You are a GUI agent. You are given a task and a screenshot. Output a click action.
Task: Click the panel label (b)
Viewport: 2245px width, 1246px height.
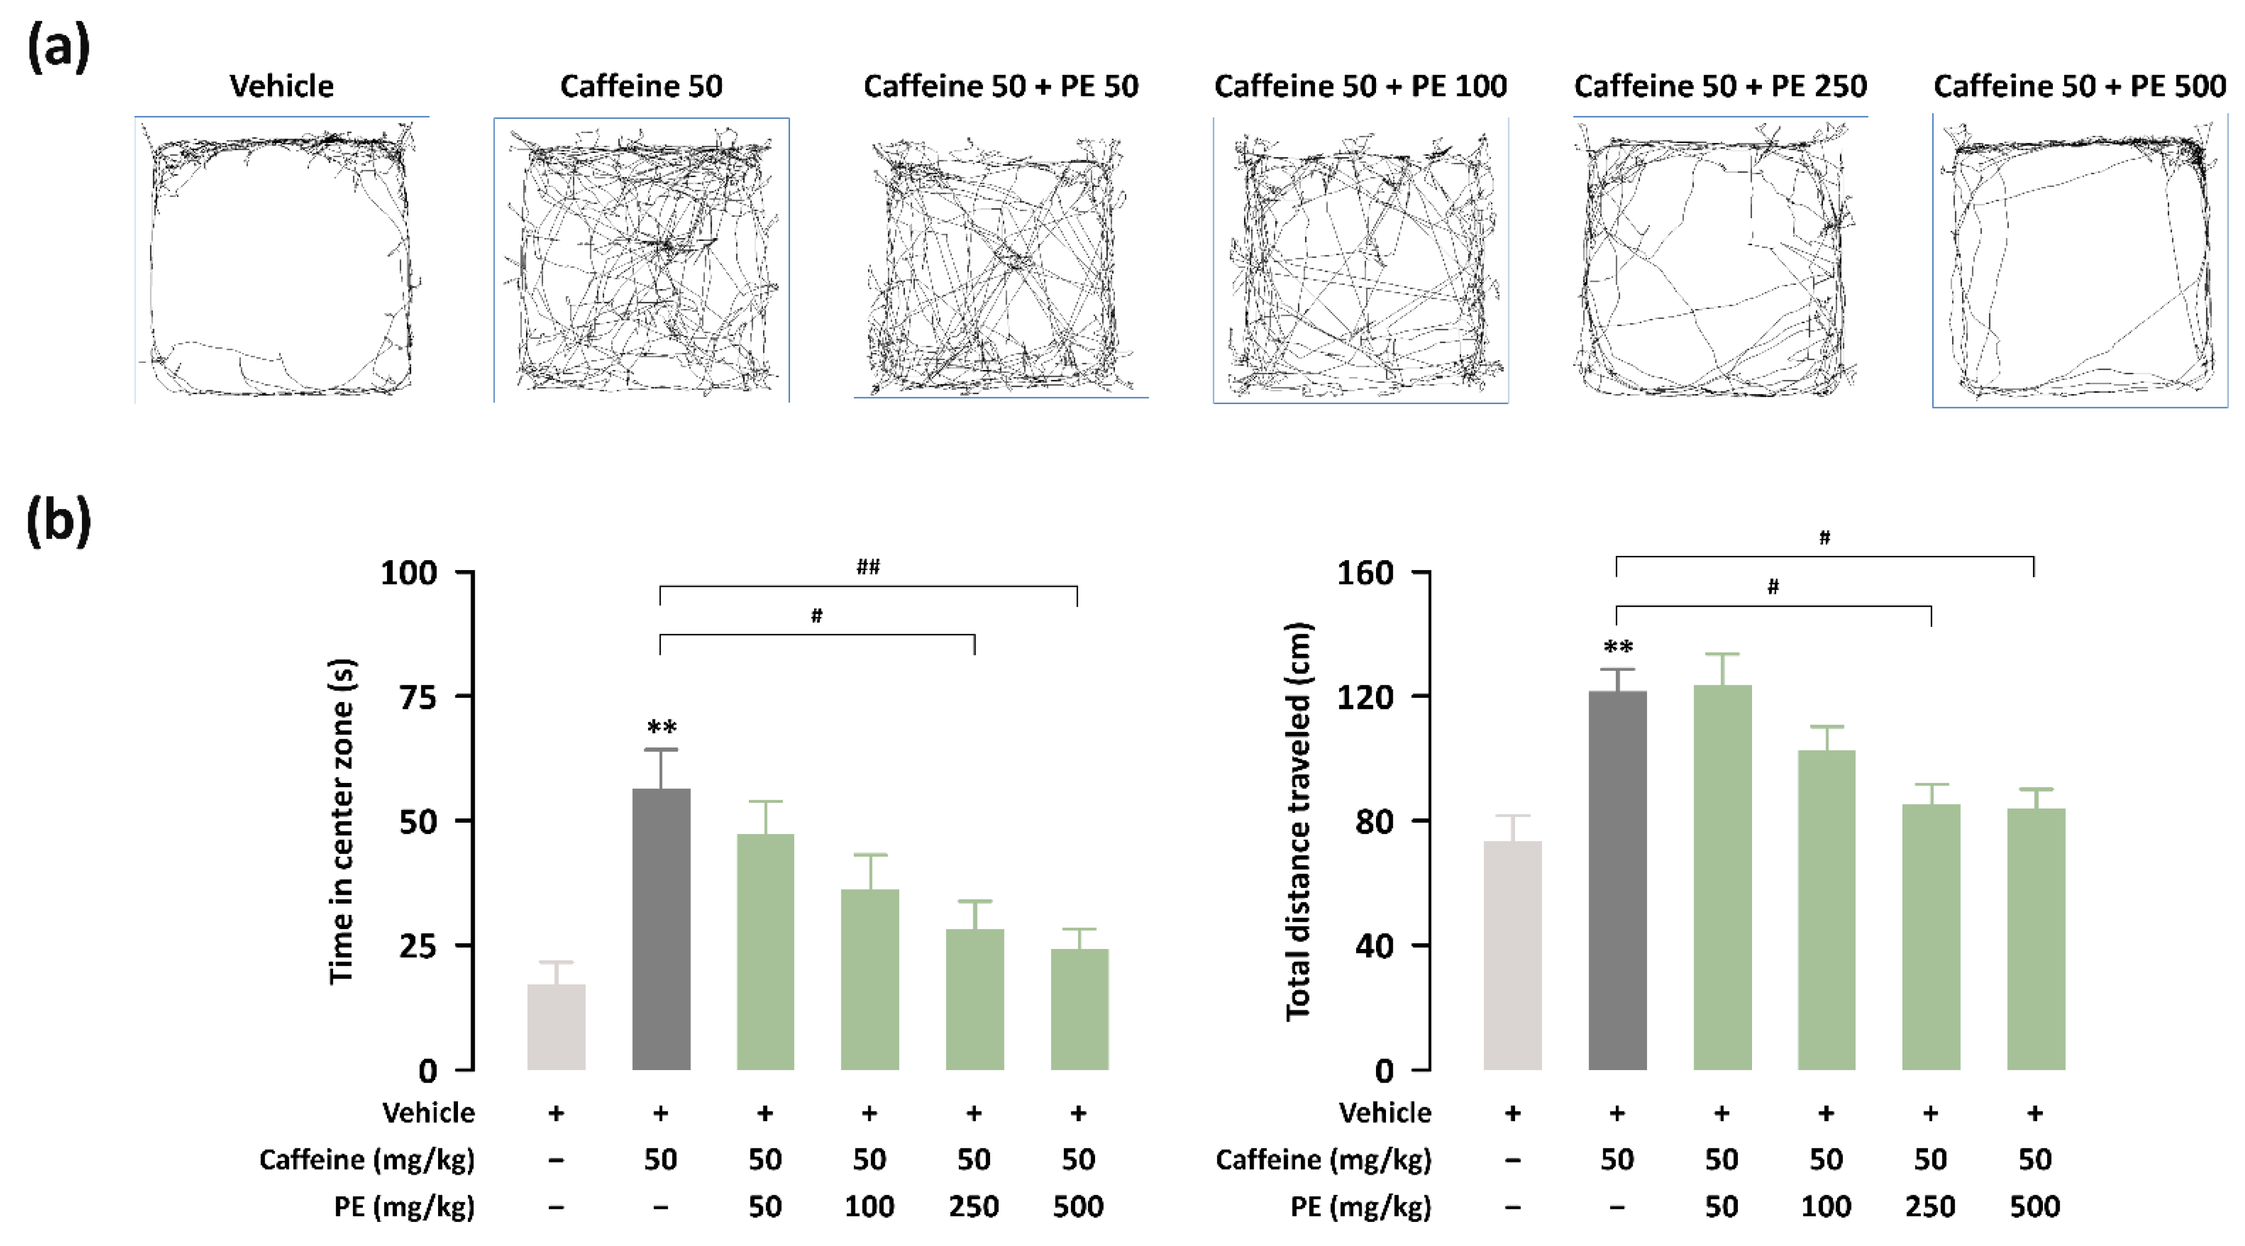coord(58,521)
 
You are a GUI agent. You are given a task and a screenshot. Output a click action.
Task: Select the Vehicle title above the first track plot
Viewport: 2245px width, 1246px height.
coord(281,86)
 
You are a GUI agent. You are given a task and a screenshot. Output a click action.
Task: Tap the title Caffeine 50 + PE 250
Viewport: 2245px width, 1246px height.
coord(1720,86)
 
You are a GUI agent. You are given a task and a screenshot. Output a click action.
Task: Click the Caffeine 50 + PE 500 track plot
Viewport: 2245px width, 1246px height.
coord(2079,262)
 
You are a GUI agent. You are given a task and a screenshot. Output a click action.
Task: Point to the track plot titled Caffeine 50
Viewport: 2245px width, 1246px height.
coord(641,262)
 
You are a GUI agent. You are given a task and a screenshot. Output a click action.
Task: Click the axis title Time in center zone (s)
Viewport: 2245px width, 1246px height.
coord(342,821)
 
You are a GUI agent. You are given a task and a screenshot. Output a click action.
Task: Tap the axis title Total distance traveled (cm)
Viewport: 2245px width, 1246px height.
coord(1298,821)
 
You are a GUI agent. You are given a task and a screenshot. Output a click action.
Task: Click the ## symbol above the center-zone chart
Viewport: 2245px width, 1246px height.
coord(868,567)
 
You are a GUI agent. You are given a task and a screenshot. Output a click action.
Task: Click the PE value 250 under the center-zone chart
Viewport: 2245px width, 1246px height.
coord(973,1207)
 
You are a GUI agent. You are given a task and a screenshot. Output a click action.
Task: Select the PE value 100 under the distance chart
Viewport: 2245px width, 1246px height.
coord(1826,1207)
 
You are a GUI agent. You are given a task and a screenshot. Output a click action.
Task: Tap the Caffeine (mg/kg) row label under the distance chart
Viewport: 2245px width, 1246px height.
coord(1323,1160)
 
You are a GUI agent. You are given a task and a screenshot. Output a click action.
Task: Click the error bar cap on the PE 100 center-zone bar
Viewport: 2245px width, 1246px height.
coord(870,855)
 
